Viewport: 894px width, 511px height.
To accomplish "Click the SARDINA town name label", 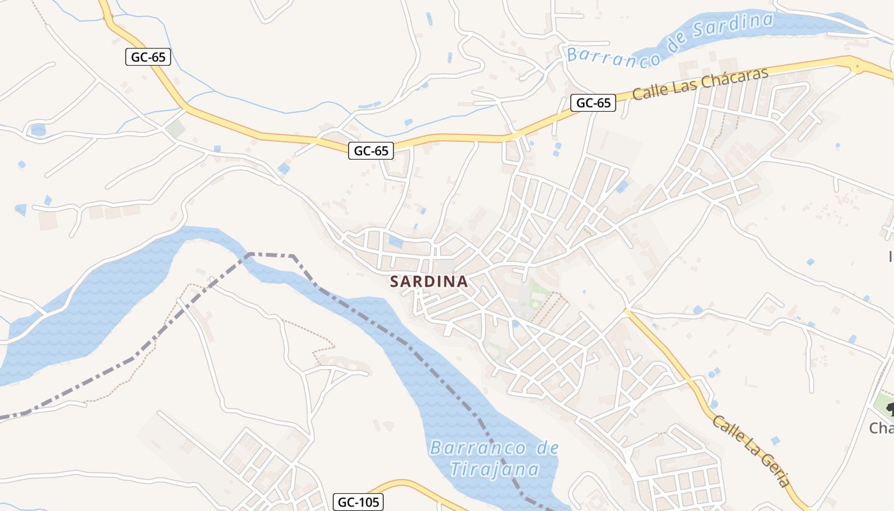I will [428, 281].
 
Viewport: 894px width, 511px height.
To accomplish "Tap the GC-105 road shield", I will [358, 502].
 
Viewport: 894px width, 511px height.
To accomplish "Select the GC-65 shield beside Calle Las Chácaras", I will [593, 102].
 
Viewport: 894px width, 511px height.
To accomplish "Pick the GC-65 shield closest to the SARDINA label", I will [371, 151].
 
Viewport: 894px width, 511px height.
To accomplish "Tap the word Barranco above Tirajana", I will [478, 448].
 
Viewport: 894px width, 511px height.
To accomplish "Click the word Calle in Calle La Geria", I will [727, 429].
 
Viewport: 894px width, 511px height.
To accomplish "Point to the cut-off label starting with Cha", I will [881, 428].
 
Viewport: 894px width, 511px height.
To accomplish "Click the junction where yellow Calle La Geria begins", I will [627, 311].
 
